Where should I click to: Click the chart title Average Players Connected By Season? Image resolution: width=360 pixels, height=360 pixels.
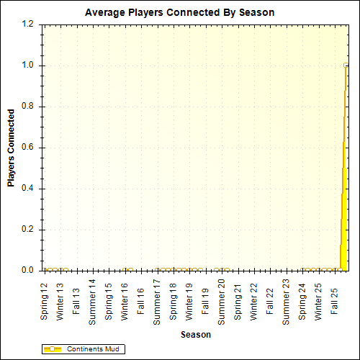pos(179,13)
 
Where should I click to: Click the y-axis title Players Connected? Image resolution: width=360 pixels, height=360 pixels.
pos(11,148)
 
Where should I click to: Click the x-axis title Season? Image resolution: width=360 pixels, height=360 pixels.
pos(195,335)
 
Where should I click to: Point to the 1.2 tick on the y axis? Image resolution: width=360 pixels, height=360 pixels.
pos(27,24)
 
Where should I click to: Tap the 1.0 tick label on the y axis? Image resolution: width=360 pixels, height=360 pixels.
pos(27,66)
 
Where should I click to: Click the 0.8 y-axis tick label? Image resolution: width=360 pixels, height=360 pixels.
pos(27,107)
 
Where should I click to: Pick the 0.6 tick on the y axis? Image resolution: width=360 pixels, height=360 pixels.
pos(27,148)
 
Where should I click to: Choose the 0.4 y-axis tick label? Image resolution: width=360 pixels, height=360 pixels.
pos(27,189)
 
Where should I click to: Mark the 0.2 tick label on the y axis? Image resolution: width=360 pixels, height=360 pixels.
pos(27,230)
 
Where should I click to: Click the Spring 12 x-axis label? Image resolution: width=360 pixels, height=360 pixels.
pos(44,302)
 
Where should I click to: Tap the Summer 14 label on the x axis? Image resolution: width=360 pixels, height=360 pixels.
pos(92,301)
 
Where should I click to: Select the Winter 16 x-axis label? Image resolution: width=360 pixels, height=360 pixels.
pos(125,302)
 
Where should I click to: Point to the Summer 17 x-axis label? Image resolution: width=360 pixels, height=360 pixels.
pos(157,301)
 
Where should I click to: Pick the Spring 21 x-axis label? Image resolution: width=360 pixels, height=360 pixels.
pos(238,302)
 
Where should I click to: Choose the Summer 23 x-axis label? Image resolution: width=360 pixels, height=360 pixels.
pos(287,301)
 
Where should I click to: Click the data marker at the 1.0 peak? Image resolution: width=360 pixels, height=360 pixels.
pos(346,66)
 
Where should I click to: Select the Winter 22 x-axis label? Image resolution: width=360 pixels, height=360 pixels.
pos(254,302)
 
